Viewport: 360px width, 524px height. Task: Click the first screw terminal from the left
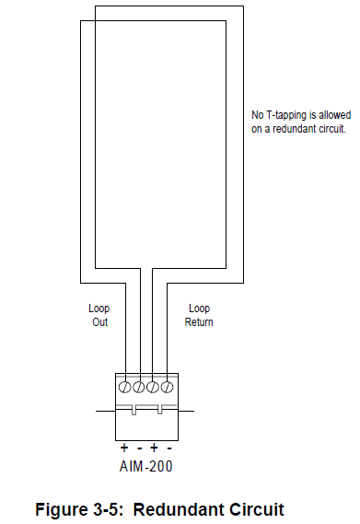(124, 388)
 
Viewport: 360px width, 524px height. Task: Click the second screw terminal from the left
(139, 388)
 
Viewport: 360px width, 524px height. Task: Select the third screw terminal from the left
(154, 388)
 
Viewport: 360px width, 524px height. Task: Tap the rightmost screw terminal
(168, 388)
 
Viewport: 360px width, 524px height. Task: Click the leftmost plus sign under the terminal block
(124, 447)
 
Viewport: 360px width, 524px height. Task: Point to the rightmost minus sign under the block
(168, 447)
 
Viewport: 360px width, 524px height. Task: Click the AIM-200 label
(145, 466)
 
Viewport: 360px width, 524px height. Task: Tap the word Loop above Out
(99, 309)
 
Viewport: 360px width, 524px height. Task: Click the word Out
(99, 322)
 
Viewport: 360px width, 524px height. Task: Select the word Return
(199, 322)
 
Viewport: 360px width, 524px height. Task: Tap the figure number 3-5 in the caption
(110, 508)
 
